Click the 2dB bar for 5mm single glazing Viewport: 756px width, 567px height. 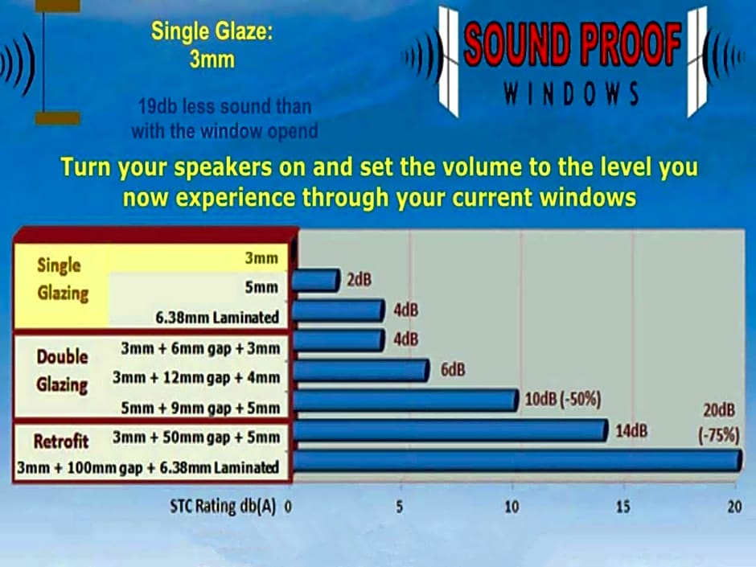[x=316, y=281]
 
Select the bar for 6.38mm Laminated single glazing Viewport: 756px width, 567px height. [x=339, y=310]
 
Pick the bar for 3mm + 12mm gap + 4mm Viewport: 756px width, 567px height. [x=360, y=370]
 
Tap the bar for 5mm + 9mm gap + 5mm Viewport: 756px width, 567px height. [x=405, y=401]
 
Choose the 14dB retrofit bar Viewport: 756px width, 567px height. [x=450, y=430]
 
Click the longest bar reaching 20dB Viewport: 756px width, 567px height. [x=517, y=460]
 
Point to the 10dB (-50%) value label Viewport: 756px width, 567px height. [x=563, y=400]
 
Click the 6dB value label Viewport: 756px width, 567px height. [x=453, y=370]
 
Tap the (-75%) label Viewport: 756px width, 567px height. [x=718, y=435]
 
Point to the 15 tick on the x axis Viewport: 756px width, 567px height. [x=623, y=507]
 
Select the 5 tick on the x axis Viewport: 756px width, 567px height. [x=400, y=507]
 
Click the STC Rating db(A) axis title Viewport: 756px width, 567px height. [x=223, y=507]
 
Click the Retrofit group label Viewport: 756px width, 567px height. [x=61, y=442]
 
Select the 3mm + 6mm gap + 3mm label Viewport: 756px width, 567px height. [x=200, y=348]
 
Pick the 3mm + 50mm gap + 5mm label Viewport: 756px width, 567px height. [x=196, y=438]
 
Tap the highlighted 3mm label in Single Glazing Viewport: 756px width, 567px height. [x=261, y=258]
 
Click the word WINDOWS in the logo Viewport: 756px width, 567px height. [x=571, y=93]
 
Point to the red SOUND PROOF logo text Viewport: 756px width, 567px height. [x=572, y=44]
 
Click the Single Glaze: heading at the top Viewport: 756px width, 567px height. [x=212, y=32]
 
